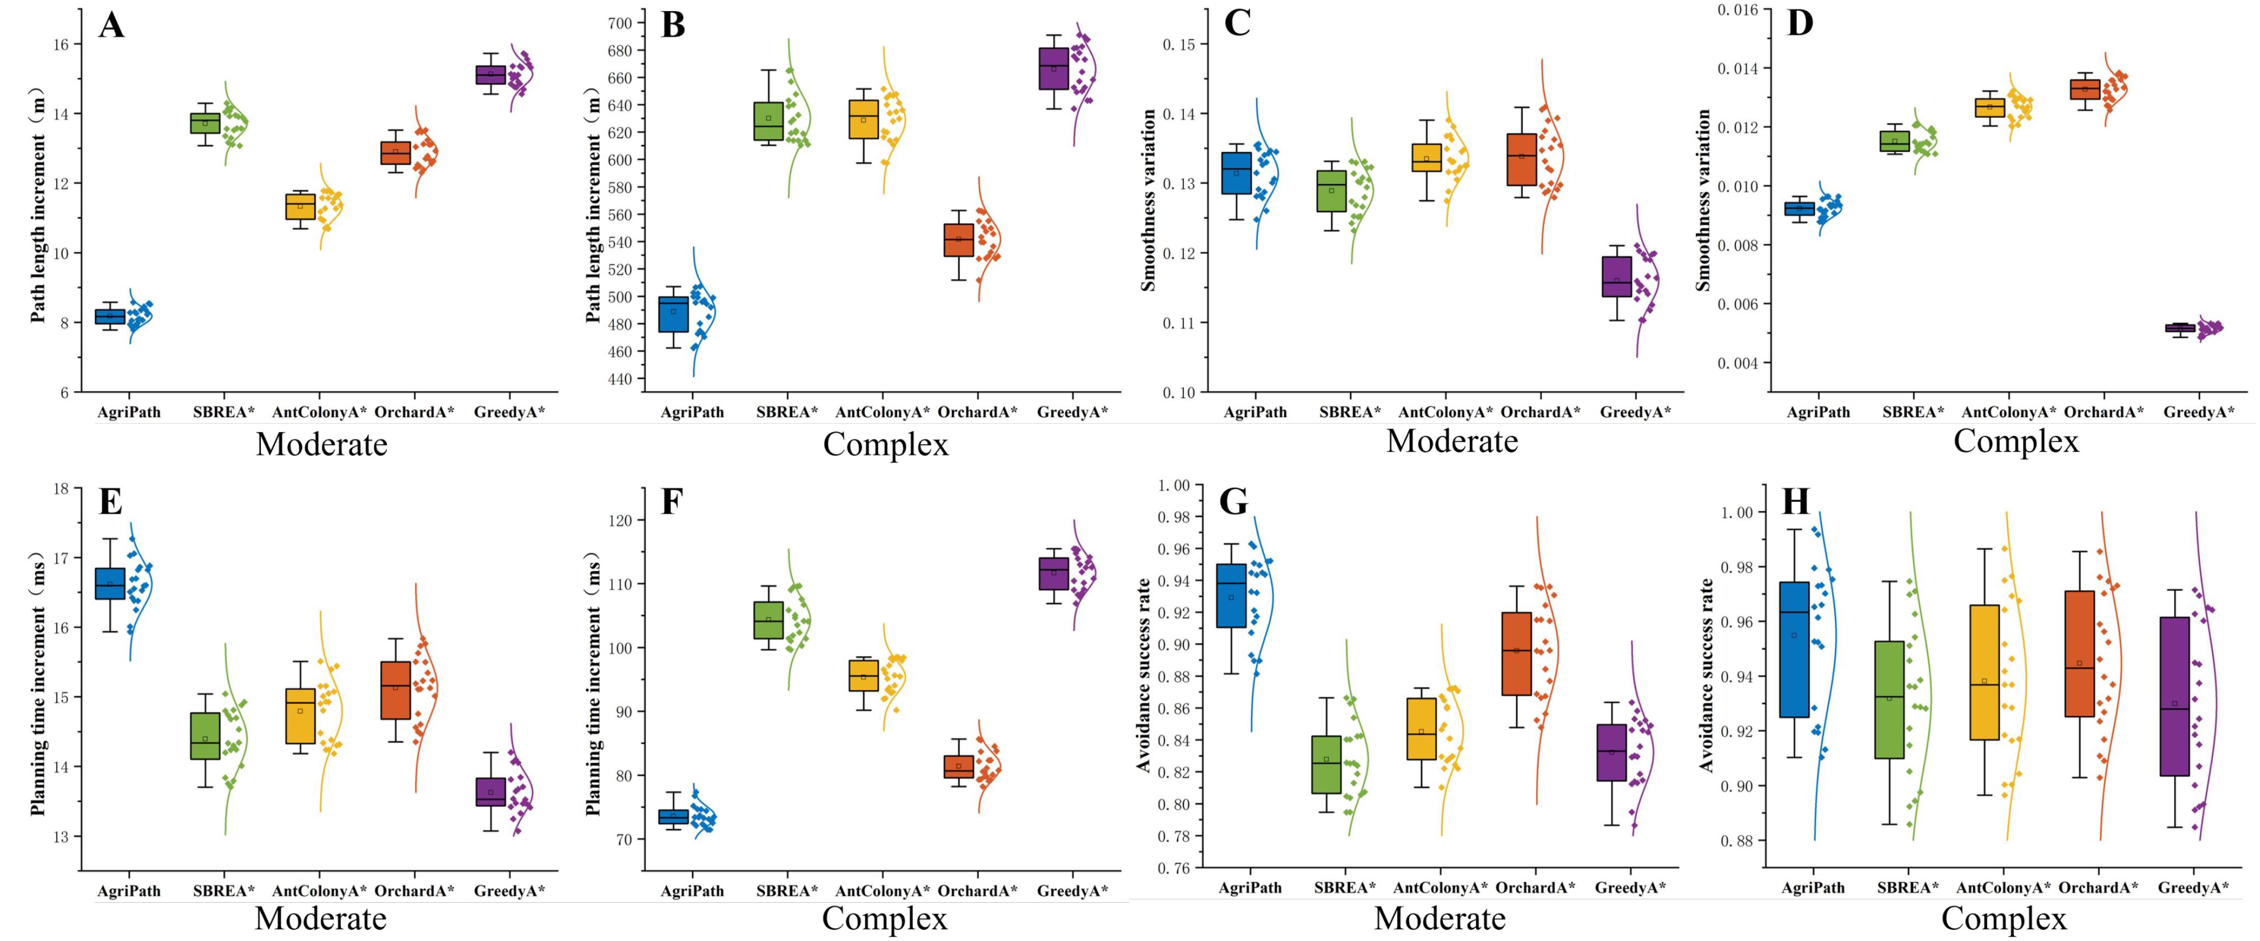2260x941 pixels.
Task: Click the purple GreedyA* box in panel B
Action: point(1054,68)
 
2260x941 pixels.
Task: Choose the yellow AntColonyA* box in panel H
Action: point(1984,672)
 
